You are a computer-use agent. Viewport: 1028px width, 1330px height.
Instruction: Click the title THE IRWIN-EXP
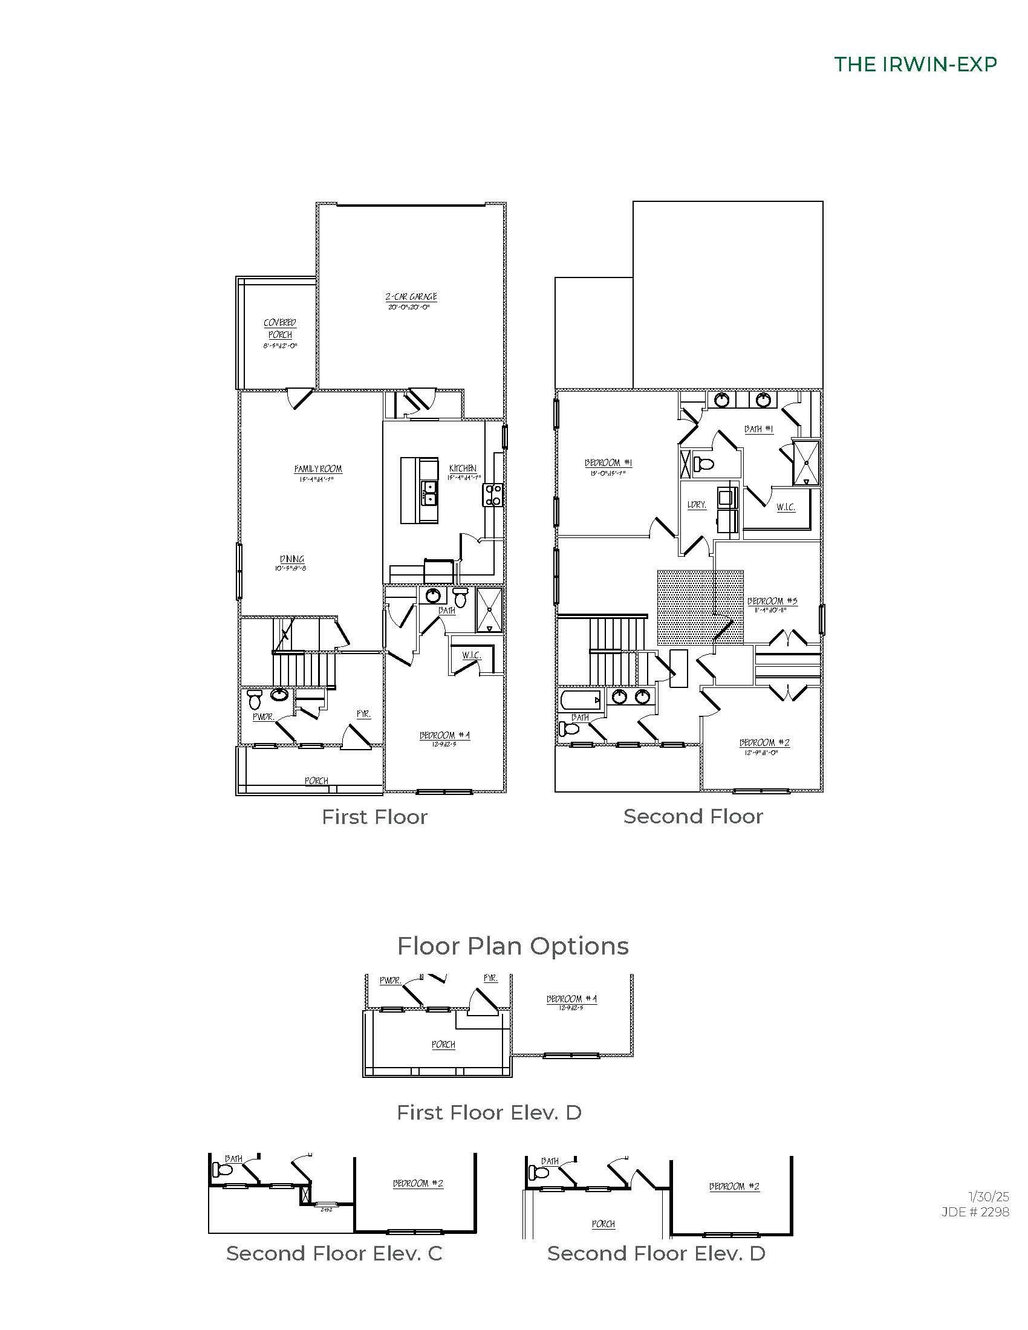(915, 65)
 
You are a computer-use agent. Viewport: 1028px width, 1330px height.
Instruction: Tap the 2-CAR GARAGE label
(411, 297)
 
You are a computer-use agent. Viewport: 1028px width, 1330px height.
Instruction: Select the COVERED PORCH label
(280, 329)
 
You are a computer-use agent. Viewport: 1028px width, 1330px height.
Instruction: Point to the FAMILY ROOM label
(318, 469)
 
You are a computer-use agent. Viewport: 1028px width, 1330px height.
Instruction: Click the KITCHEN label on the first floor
(463, 469)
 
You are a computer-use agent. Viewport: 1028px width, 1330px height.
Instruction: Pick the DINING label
(291, 559)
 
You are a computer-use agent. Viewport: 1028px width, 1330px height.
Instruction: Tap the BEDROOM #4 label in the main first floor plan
(444, 735)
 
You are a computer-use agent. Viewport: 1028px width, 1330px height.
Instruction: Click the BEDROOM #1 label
(608, 463)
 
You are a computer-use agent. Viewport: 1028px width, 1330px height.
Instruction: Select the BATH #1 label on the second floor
(758, 429)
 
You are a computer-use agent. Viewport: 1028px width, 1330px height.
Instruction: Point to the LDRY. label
(696, 505)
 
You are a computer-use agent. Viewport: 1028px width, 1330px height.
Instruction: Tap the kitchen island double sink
(430, 493)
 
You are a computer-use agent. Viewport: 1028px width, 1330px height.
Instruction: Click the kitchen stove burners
(492, 495)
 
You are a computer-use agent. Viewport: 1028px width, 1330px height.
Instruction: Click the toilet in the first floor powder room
(255, 699)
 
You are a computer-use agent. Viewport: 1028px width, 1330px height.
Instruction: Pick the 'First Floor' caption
(374, 817)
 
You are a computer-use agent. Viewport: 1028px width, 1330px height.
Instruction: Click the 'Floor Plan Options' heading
(513, 946)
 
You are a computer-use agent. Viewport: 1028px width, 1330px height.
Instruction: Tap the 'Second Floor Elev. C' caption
(334, 1253)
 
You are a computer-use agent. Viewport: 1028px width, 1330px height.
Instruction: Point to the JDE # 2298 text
(975, 1212)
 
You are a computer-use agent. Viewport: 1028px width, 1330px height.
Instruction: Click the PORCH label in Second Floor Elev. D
(603, 1224)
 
